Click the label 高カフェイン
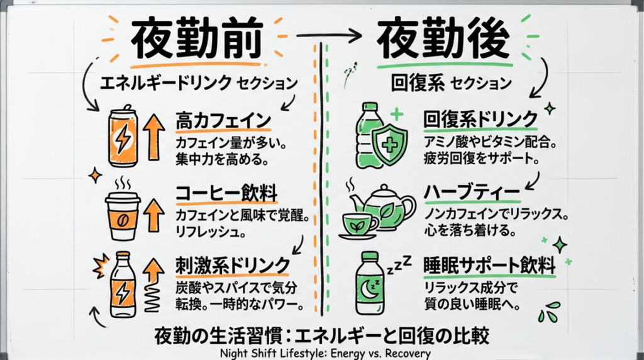coord(223,120)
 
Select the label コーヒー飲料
coord(226,192)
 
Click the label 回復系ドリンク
coord(480,118)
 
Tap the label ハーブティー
coord(471,190)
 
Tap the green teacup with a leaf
coord(358,223)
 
